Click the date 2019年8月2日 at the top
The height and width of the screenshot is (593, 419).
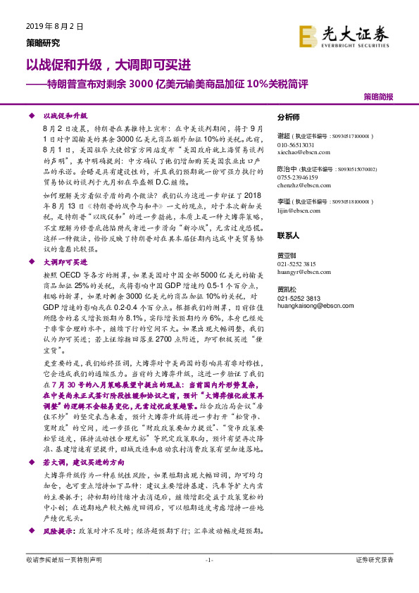(55, 27)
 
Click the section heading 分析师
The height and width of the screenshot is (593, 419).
(289, 118)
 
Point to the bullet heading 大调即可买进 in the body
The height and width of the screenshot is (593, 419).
(64, 261)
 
